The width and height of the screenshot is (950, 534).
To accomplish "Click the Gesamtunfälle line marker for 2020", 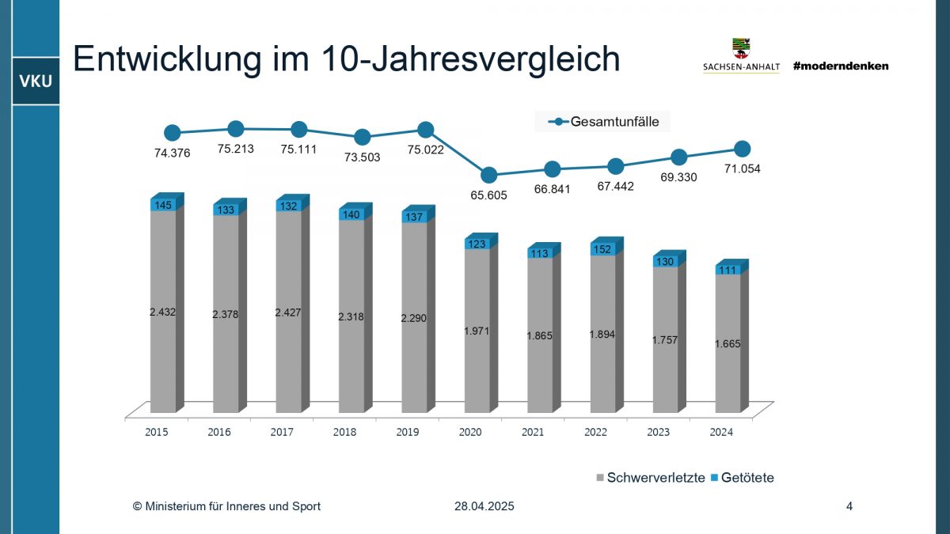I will pyautogui.click(x=489, y=175).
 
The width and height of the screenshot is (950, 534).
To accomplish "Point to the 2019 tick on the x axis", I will pyautogui.click(x=408, y=432).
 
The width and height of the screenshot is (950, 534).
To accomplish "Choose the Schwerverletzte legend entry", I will pyautogui.click(x=650, y=478).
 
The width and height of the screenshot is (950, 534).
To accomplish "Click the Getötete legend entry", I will pyautogui.click(x=743, y=478).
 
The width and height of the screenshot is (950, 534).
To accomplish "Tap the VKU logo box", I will pyautogui.click(x=35, y=81).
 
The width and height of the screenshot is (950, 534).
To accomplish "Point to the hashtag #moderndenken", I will pyautogui.click(x=841, y=66).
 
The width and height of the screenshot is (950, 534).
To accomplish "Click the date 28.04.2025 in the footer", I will pyautogui.click(x=484, y=506).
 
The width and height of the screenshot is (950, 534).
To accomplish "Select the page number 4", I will pyautogui.click(x=849, y=506).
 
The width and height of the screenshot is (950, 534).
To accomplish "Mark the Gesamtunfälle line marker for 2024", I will pyautogui.click(x=742, y=149).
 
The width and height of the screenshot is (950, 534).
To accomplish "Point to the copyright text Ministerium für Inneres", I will pyautogui.click(x=226, y=506).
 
